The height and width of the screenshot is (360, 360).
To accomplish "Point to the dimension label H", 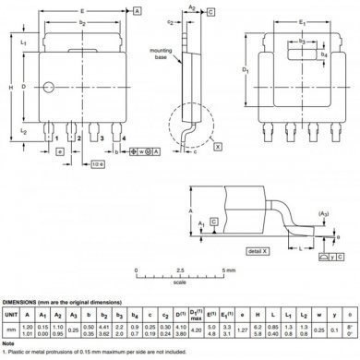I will coord(10,88).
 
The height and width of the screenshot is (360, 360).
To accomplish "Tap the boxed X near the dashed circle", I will coord(218,147).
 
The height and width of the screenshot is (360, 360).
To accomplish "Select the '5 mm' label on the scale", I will coord(229,270).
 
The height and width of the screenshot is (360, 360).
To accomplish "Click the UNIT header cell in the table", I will coord(10,315).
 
